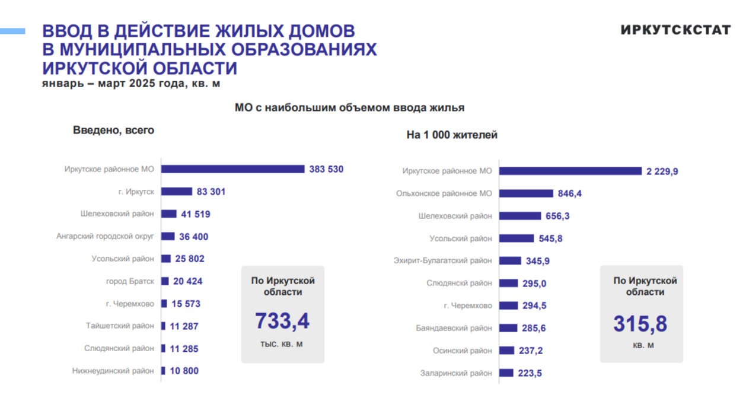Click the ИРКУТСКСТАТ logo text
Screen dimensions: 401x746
pos(675,30)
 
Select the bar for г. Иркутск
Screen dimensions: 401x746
pos(177,192)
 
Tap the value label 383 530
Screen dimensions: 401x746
pos(326,169)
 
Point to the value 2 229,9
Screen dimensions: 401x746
pos(662,171)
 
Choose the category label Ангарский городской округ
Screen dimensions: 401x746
pos(105,236)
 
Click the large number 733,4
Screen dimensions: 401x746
pos(282,321)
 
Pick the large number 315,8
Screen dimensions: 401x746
pos(640,324)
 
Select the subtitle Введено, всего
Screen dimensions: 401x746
pos(113,131)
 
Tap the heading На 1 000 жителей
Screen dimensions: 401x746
pos(452,135)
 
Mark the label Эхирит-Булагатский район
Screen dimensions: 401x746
pos(442,260)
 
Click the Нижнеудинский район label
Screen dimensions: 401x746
pos(113,371)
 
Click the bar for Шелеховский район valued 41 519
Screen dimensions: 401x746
pos(169,214)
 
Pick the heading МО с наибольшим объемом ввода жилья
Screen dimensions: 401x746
pos(349,108)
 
